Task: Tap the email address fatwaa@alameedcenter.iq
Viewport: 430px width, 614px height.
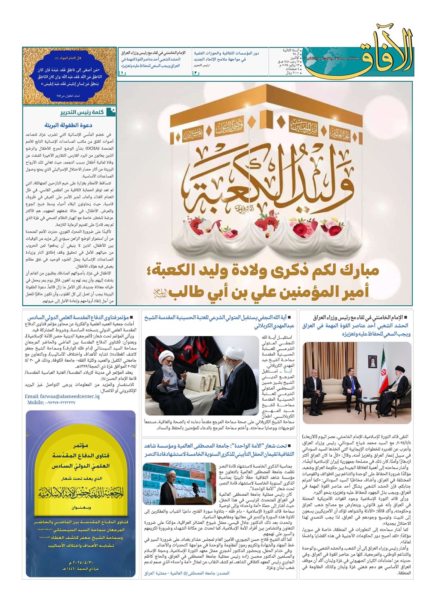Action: coord(62,396)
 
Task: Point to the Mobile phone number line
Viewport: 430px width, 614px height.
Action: coord(51,403)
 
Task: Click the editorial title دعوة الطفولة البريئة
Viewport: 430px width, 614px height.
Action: coord(68,126)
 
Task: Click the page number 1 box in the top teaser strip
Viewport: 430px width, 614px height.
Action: coord(122,73)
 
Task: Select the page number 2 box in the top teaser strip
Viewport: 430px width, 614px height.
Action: coord(195,73)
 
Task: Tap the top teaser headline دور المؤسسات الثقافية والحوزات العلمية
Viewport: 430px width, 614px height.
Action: coord(226,53)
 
